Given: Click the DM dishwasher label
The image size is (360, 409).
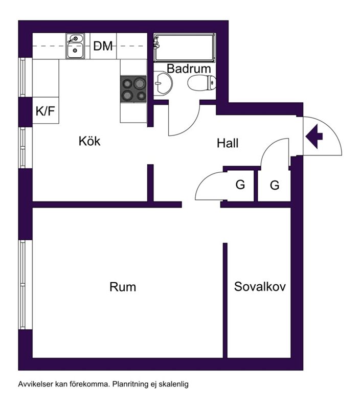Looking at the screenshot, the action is click(x=103, y=46).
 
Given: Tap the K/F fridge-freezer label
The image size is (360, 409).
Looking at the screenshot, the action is click(x=46, y=111).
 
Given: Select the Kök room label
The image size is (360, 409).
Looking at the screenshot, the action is click(x=89, y=141).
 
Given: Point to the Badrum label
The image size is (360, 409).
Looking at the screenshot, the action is click(x=189, y=69).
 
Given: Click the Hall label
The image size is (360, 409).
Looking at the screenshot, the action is click(x=228, y=143).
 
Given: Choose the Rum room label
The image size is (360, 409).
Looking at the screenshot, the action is click(x=123, y=287).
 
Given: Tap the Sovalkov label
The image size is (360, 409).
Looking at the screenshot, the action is click(x=260, y=286).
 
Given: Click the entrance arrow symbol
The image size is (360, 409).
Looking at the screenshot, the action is click(x=314, y=137).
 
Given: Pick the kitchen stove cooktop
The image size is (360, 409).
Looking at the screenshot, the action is click(x=133, y=89).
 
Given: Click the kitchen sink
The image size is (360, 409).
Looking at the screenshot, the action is click(x=75, y=46).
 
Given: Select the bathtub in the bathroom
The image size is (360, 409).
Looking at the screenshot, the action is click(x=185, y=48).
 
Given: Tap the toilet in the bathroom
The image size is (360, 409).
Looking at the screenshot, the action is click(x=201, y=83).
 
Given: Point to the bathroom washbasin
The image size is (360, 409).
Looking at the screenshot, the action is click(x=163, y=83).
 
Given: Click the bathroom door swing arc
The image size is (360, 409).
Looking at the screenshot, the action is click(x=192, y=126).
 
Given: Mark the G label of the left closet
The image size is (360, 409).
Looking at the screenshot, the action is click(x=240, y=185).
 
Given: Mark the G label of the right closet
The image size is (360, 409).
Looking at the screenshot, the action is click(x=275, y=185).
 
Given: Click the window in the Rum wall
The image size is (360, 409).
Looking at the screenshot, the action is click(x=23, y=285).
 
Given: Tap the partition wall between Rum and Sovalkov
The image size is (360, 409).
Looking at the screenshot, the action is click(x=225, y=301).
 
